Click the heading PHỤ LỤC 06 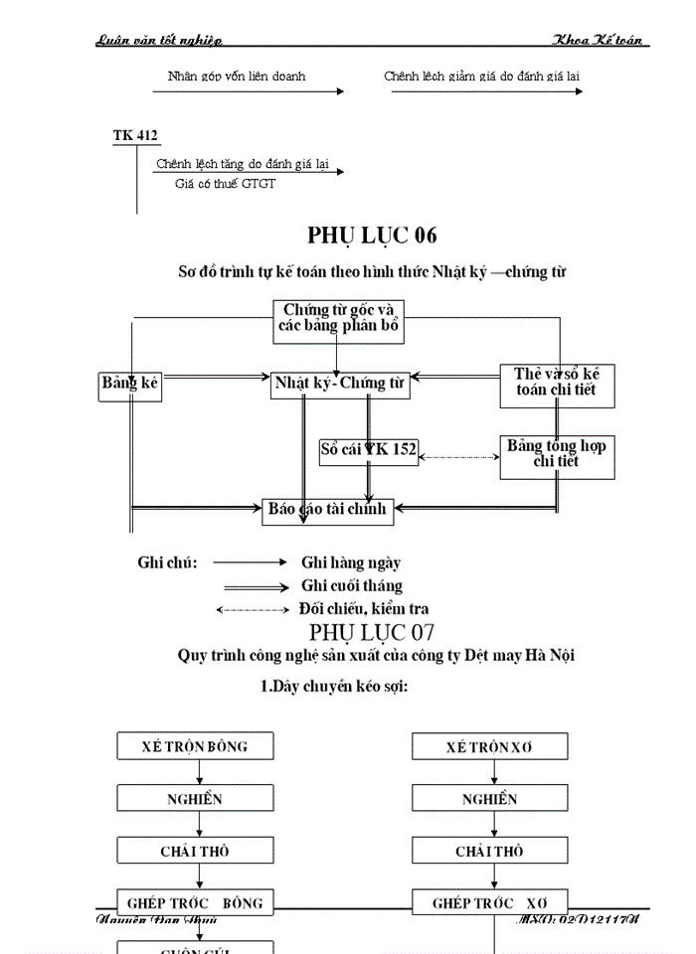(372, 236)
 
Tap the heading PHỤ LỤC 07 (372, 632)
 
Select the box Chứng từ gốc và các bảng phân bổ (338, 322)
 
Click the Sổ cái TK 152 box (368, 450)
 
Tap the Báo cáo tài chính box (328, 510)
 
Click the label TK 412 (135, 136)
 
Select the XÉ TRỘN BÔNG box (195, 746)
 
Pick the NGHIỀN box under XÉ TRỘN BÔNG (195, 799)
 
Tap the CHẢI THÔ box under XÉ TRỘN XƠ (490, 852)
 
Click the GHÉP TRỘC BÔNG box (195, 903)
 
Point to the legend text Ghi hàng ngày (351, 562)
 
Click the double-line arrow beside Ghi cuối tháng (256, 586)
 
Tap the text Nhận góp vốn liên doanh (237, 77)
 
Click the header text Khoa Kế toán (600, 40)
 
